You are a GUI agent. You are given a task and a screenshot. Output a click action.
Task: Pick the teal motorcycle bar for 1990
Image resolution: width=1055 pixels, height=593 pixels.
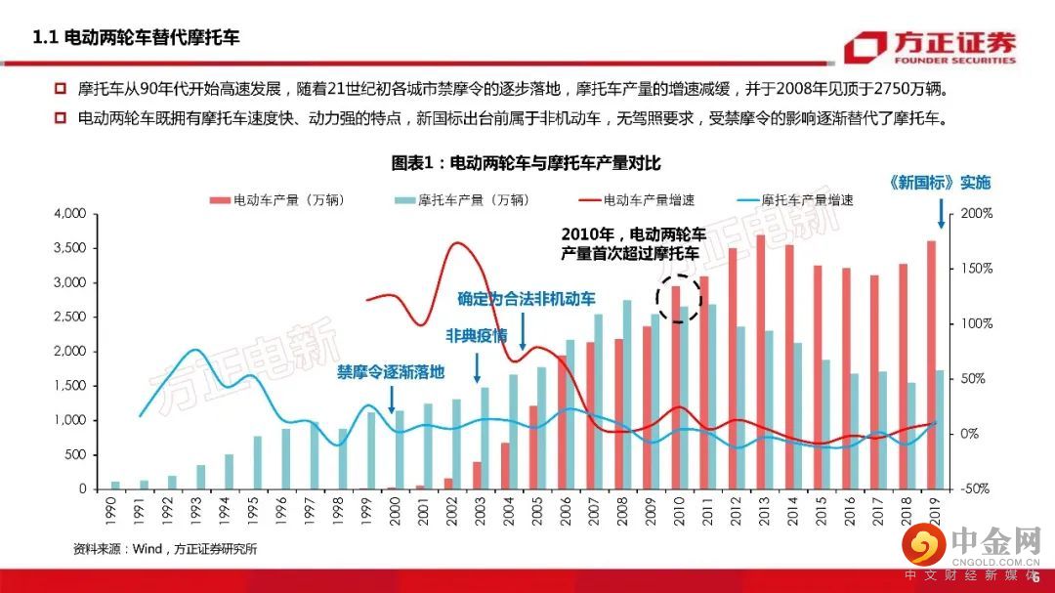[x=115, y=485]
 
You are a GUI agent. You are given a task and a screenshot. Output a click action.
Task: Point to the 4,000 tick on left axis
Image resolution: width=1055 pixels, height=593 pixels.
[x=69, y=213]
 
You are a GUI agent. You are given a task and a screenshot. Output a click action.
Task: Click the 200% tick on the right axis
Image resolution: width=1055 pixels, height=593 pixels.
[x=977, y=213]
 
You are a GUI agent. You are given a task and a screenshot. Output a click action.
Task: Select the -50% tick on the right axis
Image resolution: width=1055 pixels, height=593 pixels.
[x=977, y=488]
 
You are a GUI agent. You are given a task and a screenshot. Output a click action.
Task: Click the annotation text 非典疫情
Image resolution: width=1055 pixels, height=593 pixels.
[x=477, y=335]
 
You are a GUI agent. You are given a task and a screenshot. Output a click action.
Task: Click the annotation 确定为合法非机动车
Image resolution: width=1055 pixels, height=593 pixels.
[x=526, y=299]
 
